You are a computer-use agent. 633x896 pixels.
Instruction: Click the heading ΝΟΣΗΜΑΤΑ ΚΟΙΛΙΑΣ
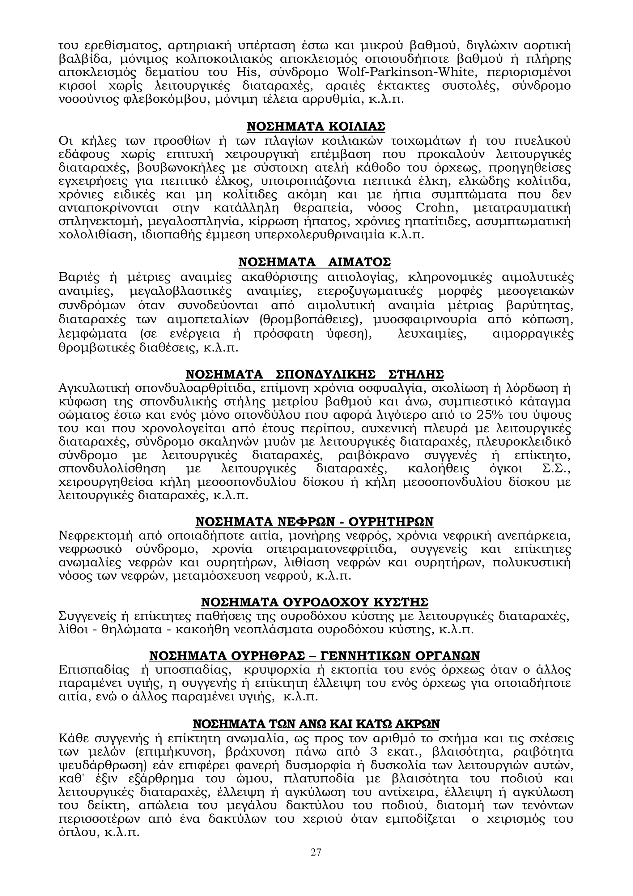[x=316, y=127]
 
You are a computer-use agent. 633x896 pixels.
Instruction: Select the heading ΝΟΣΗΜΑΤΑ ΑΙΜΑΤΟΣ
[x=314, y=262]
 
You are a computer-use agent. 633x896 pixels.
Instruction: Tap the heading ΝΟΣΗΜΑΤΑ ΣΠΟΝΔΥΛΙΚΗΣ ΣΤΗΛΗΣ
[x=314, y=375]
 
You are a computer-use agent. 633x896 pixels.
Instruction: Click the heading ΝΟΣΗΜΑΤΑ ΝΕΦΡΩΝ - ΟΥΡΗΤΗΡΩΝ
[x=314, y=522]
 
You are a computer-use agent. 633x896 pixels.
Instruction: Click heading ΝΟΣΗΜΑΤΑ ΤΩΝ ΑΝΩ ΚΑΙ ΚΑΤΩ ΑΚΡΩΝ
[x=316, y=724]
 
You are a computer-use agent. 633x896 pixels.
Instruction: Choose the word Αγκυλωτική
[x=93, y=388]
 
